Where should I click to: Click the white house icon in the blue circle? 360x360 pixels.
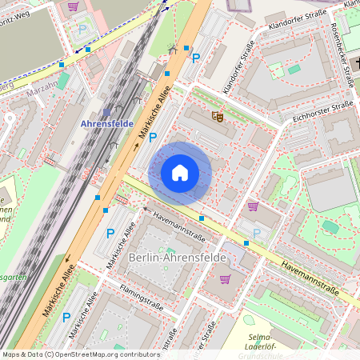click(180, 173)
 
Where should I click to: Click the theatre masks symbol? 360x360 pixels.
click(217, 116)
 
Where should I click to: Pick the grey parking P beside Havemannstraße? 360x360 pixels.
click(257, 233)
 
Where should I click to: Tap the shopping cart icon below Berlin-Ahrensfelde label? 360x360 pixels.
click(226, 279)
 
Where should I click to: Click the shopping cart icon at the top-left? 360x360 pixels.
click(73, 6)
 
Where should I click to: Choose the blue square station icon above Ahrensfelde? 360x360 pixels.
click(106, 112)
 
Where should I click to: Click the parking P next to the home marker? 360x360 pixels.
click(152, 138)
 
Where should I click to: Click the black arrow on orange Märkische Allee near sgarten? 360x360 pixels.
click(68, 258)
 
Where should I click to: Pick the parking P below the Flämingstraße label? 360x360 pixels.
click(66, 318)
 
